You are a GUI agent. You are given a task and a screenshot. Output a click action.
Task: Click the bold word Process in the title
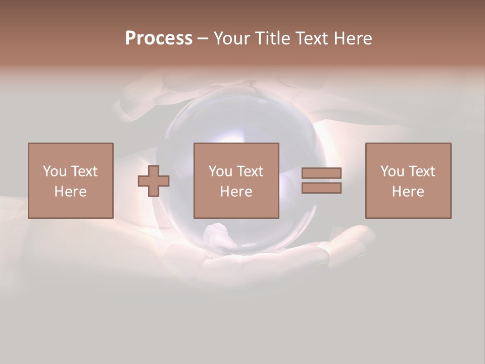[x=159, y=38]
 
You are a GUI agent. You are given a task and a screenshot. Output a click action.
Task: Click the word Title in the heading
[x=273, y=38]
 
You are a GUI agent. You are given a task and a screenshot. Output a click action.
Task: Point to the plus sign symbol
[x=154, y=180]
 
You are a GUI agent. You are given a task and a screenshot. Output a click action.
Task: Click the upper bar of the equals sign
[x=321, y=173]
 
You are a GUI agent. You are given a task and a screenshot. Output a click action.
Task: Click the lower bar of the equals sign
[x=321, y=188]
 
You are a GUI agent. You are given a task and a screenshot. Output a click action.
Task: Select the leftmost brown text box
[x=71, y=152]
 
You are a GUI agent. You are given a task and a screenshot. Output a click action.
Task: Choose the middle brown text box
[x=236, y=152]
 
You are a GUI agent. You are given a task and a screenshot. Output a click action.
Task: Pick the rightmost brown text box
[x=408, y=152]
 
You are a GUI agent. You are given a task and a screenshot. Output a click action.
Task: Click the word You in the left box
[x=55, y=171]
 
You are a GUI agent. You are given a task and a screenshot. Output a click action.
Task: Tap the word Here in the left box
[x=70, y=192]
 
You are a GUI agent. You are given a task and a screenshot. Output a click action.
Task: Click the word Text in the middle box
[x=250, y=171]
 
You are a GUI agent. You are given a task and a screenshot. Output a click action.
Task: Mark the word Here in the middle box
[x=236, y=192]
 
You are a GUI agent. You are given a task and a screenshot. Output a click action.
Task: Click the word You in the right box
[x=392, y=171]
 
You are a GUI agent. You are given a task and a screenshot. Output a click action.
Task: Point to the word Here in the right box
[x=408, y=192]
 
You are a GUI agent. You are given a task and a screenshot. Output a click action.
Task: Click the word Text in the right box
[x=421, y=171]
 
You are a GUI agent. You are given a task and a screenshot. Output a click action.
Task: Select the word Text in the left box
[x=84, y=171]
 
